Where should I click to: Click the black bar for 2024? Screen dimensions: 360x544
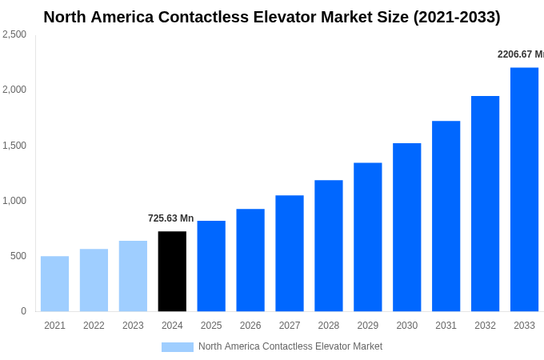(x=172, y=271)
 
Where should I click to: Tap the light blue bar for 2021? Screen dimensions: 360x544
(x=54, y=283)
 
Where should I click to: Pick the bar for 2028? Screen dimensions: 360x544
(x=328, y=246)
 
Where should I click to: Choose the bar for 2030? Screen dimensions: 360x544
(x=406, y=227)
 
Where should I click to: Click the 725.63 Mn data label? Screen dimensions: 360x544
(x=170, y=218)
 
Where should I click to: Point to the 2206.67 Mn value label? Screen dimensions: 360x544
(x=520, y=54)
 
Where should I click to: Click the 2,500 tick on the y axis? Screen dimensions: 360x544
(x=14, y=34)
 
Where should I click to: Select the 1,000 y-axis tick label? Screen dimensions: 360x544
(x=14, y=201)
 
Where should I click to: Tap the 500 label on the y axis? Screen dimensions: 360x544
(x=18, y=256)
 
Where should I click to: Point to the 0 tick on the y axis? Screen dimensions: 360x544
(x=23, y=311)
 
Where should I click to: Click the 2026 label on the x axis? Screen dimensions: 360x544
(x=250, y=326)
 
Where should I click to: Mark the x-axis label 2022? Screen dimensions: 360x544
(x=94, y=326)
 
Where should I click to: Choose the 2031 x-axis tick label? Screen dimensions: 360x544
(x=446, y=326)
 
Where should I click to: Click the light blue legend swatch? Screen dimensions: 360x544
(x=177, y=347)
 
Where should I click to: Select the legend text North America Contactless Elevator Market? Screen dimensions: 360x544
(x=290, y=346)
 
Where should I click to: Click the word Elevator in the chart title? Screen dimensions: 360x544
(x=283, y=17)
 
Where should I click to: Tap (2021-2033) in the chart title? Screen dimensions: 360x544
(x=457, y=17)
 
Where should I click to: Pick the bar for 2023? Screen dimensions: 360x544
(x=133, y=276)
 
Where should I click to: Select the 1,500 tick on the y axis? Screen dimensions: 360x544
(x=14, y=146)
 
